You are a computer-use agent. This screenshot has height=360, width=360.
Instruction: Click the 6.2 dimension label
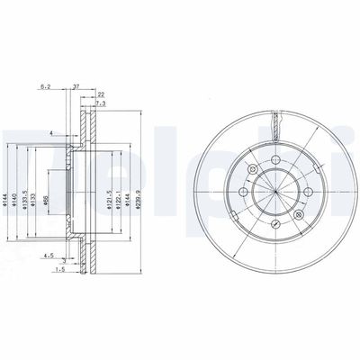coord(45,86)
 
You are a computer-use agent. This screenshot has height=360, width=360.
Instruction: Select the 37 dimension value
coord(77,86)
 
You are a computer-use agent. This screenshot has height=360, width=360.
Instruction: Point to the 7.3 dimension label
coord(102,104)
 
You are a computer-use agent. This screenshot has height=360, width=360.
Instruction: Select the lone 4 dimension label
coord(53,134)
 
